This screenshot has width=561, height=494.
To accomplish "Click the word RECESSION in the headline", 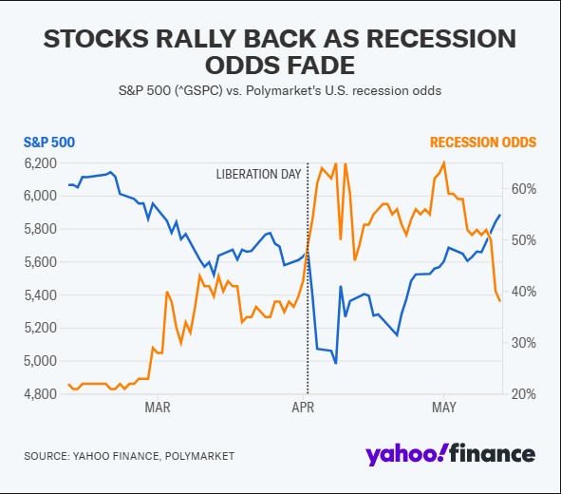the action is [441, 38].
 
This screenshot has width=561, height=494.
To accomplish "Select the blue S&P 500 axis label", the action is [49, 142].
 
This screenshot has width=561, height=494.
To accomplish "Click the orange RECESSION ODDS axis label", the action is [483, 142].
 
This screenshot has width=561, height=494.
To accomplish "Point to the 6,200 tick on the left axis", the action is [41, 163].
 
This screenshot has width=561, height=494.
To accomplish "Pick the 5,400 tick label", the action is [41, 295].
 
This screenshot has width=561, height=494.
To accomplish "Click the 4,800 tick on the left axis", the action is [41, 393].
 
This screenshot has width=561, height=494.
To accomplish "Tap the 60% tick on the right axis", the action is [524, 189].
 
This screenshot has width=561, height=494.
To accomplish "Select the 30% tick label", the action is [524, 343].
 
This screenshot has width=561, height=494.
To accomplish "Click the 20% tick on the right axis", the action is [524, 394].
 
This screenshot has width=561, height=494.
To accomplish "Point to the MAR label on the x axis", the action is [158, 408].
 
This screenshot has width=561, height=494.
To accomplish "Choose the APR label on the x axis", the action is [303, 408].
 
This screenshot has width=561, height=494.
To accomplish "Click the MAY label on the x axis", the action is [444, 408].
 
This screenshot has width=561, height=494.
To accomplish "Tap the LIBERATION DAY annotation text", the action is [258, 175].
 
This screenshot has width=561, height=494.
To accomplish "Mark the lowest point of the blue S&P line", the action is [336, 363].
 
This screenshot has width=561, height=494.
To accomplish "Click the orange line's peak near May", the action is [444, 161].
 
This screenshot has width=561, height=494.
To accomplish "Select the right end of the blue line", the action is [500, 215].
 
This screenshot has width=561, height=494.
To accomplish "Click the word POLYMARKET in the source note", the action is [199, 456].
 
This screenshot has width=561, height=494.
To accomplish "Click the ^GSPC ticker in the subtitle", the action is [198, 90].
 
